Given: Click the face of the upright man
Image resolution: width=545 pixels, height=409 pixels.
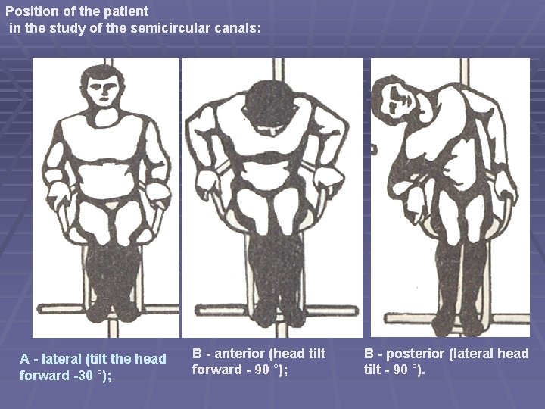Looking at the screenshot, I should (x=101, y=95).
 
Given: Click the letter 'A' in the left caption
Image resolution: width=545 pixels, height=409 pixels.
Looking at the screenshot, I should (x=24, y=358).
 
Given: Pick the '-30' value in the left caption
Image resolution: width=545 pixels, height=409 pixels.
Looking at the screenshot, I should (x=81, y=375).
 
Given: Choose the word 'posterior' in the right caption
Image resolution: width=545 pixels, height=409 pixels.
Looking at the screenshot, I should (x=418, y=354).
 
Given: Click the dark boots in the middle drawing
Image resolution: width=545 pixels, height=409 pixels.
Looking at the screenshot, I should (x=276, y=280).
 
